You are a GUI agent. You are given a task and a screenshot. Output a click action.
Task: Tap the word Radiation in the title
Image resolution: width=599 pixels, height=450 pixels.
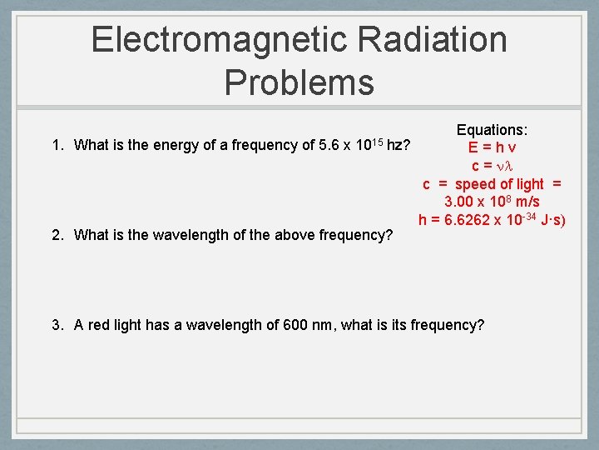point(429,40)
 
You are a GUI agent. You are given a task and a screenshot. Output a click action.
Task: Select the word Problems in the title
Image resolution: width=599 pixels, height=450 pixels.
point(299,82)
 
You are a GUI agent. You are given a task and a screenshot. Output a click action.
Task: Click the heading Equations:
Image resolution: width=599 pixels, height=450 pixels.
point(493,130)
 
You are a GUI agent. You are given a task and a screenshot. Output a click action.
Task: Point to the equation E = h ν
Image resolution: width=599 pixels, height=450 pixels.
point(493,147)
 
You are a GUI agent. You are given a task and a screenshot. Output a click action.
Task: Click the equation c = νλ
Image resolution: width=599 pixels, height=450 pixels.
point(493,166)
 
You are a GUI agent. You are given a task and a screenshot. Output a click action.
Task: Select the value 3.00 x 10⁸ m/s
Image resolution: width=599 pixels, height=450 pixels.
point(492,202)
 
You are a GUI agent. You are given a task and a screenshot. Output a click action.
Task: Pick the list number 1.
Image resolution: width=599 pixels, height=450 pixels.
point(57,146)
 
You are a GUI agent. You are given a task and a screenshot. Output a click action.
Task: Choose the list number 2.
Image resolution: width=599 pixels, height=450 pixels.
point(57,235)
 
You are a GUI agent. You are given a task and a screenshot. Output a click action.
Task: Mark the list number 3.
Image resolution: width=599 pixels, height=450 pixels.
point(57,325)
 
